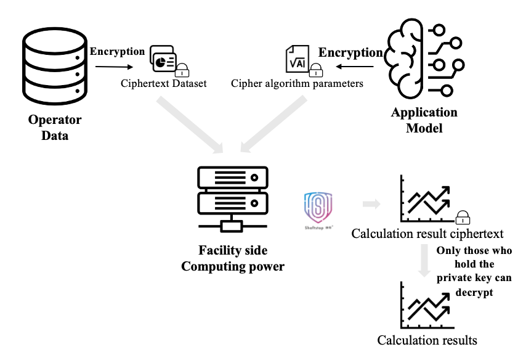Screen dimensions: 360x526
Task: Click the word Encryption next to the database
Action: (x=118, y=51)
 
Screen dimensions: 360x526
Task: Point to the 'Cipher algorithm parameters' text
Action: (x=297, y=83)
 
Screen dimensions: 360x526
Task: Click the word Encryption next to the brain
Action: (x=350, y=52)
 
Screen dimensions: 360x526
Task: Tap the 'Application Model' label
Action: (x=424, y=120)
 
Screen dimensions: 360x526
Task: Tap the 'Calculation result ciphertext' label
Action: (x=427, y=234)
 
